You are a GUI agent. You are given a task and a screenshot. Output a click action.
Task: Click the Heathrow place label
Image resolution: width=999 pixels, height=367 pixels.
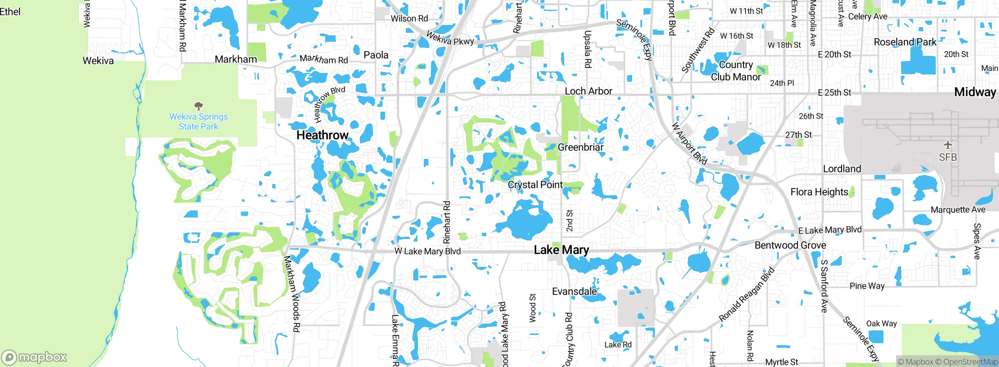pyautogui.click(x=322, y=135)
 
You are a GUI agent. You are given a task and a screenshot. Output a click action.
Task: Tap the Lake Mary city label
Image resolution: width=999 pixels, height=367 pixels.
pyautogui.click(x=561, y=250)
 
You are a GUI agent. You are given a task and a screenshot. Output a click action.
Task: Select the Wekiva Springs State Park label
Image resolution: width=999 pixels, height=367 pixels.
pyautogui.click(x=198, y=121)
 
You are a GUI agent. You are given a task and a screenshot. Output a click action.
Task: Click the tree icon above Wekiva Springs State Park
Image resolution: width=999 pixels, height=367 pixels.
pyautogui.click(x=199, y=106)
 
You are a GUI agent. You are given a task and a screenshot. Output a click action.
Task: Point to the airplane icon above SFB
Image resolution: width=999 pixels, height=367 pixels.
pyautogui.click(x=948, y=145)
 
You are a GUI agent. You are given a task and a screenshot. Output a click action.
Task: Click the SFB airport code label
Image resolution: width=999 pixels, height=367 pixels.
pyautogui.click(x=948, y=157)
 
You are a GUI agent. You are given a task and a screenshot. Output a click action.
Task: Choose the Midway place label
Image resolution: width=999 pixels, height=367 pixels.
pyautogui.click(x=975, y=92)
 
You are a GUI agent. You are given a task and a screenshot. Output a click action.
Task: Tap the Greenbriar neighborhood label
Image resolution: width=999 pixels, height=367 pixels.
pyautogui.click(x=581, y=147)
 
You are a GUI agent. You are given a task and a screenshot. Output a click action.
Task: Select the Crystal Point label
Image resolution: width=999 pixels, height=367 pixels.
pyautogui.click(x=535, y=185)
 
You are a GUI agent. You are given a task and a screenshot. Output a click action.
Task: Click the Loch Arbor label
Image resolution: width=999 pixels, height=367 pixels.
pyautogui.click(x=588, y=91)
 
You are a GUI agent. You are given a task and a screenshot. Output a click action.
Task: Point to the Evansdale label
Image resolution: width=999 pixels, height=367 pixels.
pyautogui.click(x=574, y=291)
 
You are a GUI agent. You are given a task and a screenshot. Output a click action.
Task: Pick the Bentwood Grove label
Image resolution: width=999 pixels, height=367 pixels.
pyautogui.click(x=790, y=245)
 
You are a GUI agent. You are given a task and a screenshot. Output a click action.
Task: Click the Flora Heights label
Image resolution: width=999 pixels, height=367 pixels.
pyautogui.click(x=819, y=192)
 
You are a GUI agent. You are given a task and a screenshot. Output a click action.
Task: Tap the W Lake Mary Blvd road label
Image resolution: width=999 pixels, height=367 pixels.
pyautogui.click(x=428, y=251)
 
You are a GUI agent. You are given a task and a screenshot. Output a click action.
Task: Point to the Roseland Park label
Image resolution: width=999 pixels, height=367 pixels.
pyautogui.click(x=905, y=42)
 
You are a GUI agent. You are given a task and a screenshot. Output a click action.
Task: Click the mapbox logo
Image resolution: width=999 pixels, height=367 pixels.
pyautogui.click(x=34, y=357)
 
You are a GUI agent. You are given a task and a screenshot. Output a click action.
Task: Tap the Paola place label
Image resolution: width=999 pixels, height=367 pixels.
pyautogui.click(x=376, y=55)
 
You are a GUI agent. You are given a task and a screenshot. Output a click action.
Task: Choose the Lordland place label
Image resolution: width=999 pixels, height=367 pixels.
pyautogui.click(x=842, y=169)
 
